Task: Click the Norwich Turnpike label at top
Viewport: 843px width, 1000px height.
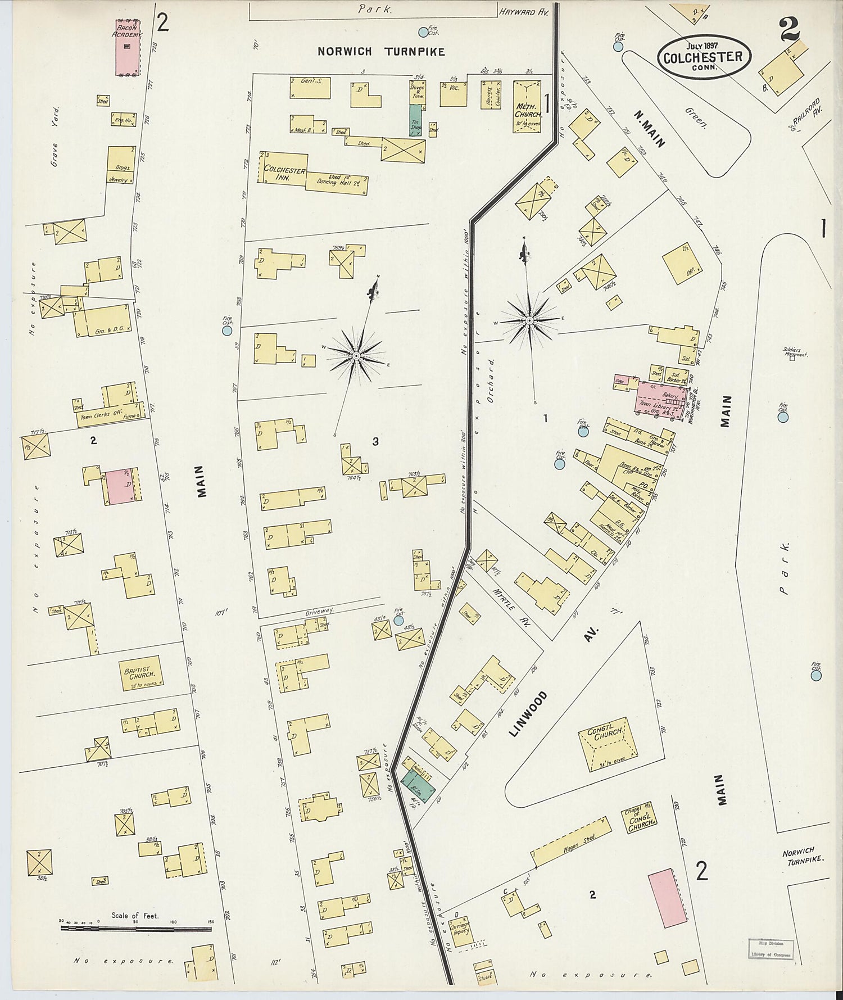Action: (381, 52)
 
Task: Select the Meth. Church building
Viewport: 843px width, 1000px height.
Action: (527, 107)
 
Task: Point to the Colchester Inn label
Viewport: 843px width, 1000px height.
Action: (285, 174)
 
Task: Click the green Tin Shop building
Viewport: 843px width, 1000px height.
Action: (416, 119)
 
